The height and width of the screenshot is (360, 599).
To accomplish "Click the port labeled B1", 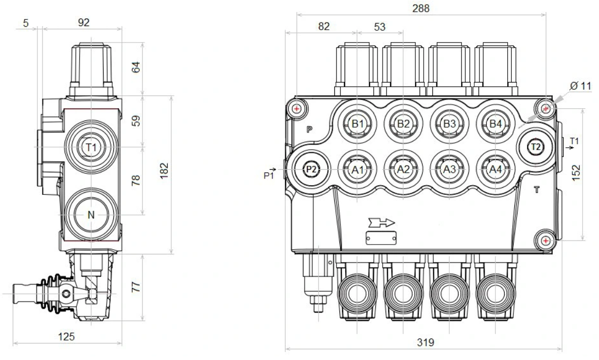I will coord(357,124).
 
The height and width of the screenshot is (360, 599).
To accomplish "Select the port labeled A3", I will coord(449,169).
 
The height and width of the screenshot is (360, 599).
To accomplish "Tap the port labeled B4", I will coord(495,124).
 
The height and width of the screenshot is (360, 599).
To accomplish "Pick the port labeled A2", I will coord(404,169).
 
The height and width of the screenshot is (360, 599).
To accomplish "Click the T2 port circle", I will coord(536,147).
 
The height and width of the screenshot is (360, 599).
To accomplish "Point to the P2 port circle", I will coord(311,169).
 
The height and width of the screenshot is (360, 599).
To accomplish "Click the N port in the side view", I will coord(91,215).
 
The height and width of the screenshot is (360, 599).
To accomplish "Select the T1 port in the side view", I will coord(91,148).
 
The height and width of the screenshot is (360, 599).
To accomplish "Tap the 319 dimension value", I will coord(423,343).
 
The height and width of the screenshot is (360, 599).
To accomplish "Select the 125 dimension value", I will coord(67,336).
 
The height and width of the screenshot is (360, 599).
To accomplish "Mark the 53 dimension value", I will coord(380,27).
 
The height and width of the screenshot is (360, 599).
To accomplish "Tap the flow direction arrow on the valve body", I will coord(380,223).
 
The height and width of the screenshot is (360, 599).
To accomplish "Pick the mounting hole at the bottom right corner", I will coord(546,240).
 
